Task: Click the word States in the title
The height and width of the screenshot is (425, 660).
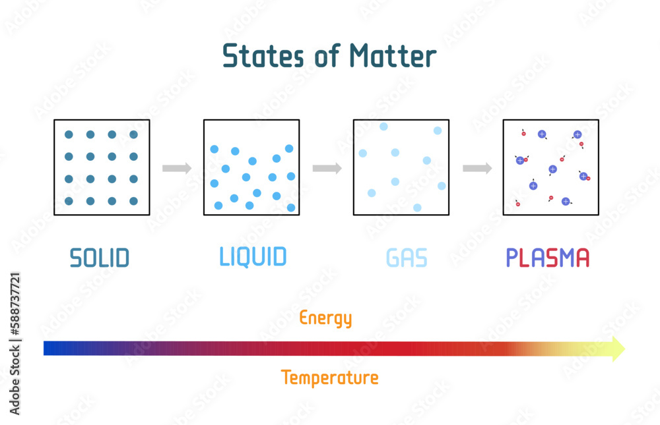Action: [257, 56]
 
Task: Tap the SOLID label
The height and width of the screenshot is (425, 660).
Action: [100, 258]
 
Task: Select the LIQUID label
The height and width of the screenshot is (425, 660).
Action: [253, 256]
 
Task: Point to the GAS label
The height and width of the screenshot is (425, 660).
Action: [407, 258]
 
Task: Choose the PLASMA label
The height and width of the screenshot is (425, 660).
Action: [547, 257]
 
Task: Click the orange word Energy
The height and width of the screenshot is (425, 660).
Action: [325, 318]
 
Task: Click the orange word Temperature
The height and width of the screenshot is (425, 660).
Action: [329, 378]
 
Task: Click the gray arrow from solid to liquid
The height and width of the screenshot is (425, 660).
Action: [177, 168]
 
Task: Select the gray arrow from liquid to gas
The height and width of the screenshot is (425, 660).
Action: [327, 168]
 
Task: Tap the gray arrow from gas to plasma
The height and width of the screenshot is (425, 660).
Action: [477, 168]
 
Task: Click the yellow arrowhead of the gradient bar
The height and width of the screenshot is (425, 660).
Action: [618, 348]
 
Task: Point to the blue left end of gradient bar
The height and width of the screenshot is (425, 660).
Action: [49, 348]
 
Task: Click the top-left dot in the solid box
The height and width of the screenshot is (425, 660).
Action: [69, 134]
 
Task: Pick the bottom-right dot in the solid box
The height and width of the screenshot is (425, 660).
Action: [134, 201]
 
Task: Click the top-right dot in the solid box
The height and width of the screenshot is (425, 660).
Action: [134, 134]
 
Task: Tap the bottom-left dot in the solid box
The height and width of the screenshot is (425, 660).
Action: [69, 201]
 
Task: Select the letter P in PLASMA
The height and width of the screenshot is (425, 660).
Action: [512, 257]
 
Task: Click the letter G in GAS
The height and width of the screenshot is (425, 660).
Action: [393, 258]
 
